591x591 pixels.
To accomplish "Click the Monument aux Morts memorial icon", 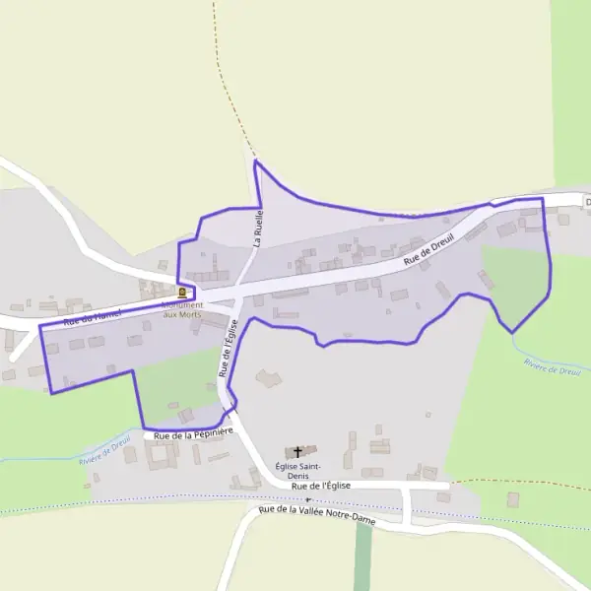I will [x=182, y=293].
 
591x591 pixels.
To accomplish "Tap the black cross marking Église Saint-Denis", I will [x=297, y=452].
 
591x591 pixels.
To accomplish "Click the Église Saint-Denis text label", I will [x=297, y=470].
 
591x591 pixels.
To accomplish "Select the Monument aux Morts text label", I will [x=182, y=308].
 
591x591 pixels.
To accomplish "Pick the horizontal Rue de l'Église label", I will [x=321, y=486].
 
